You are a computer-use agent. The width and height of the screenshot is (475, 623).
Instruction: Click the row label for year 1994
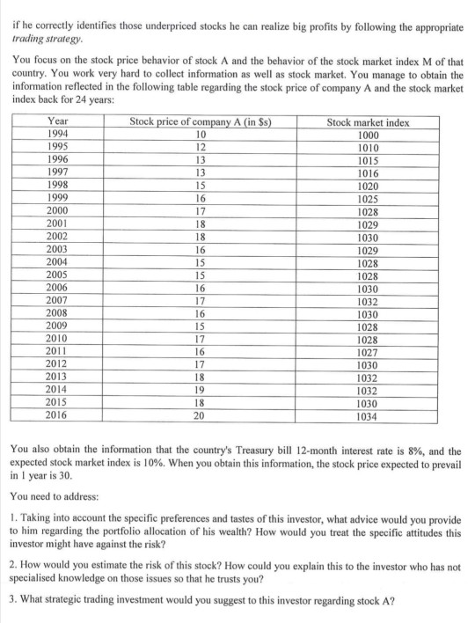coord(60,135)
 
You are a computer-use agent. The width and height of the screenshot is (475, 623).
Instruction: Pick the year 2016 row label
coord(60,412)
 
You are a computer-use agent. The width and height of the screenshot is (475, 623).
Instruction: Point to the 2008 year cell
coord(60,311)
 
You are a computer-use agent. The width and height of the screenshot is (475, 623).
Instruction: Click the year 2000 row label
coord(60,210)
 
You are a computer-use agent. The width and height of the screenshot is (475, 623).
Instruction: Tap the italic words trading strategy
coord(45,40)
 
